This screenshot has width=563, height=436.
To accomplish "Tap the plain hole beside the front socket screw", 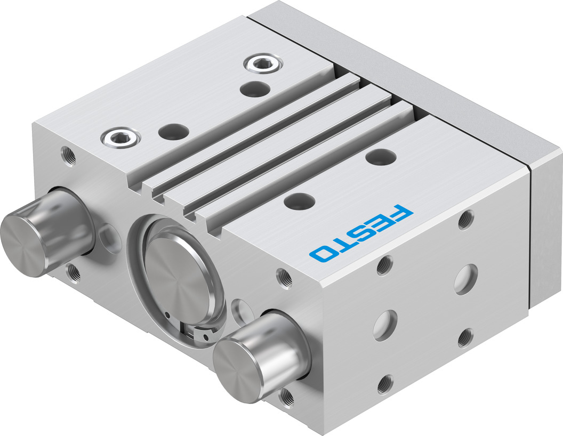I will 173,130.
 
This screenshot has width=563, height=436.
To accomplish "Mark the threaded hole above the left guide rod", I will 68,157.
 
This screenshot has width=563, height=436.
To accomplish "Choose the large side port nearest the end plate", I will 465,278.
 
